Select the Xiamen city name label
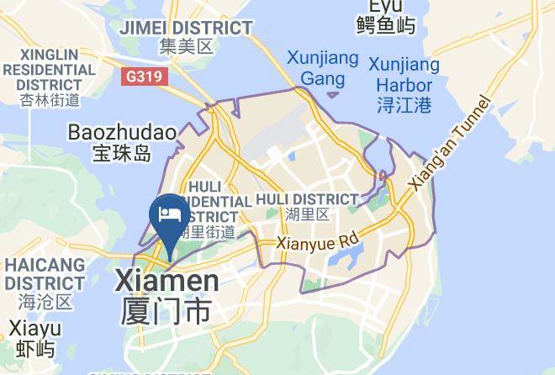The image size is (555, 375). [x=166, y=280]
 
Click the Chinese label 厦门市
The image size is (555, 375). [x=166, y=310]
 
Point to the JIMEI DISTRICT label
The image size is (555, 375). [x=186, y=28]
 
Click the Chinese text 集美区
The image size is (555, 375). [x=187, y=47]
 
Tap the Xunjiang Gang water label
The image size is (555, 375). [x=322, y=70]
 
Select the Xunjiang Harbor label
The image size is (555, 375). [x=404, y=76]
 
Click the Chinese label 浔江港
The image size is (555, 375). [x=404, y=106]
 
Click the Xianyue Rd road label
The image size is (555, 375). [x=319, y=244]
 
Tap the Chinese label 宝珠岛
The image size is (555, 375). [x=122, y=154]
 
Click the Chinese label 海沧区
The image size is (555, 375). [x=43, y=300]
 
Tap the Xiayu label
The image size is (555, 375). [x=34, y=328]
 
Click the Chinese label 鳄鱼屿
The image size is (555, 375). [x=386, y=26]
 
